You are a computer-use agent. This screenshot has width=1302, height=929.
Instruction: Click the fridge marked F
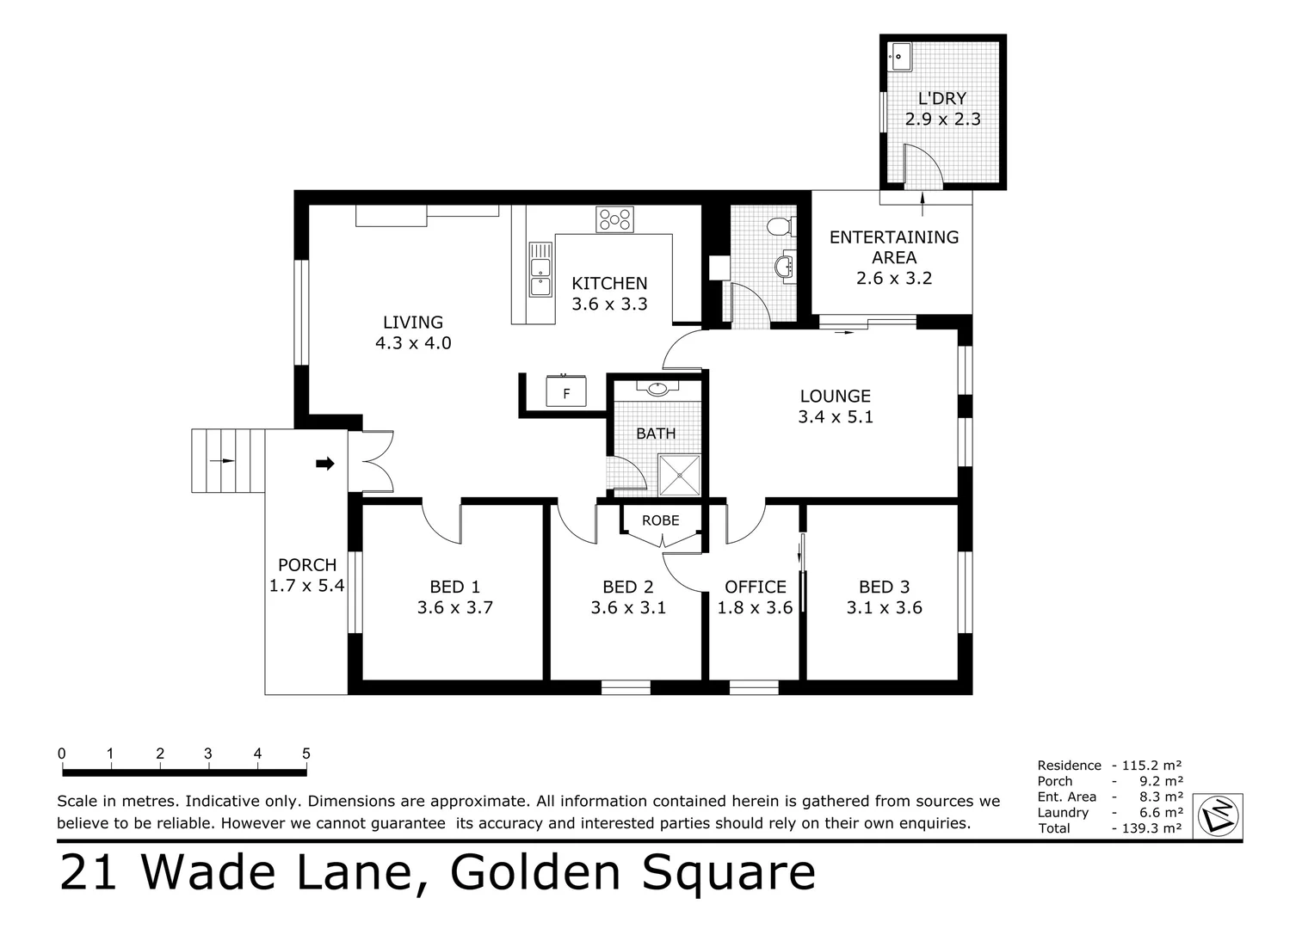point(566,392)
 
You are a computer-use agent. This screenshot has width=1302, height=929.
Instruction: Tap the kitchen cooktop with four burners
point(614,219)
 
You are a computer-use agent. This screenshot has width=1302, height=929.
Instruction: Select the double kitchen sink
point(540,268)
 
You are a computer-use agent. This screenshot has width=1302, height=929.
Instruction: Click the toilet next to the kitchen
point(779,226)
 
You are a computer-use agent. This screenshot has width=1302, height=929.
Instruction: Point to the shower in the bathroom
point(680,475)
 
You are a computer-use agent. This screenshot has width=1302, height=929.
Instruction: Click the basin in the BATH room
point(657,388)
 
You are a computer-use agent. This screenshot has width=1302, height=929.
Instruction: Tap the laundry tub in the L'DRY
point(900,58)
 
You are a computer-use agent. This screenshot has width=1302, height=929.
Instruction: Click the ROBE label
point(660,520)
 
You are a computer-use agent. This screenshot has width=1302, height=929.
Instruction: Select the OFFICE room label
point(755,587)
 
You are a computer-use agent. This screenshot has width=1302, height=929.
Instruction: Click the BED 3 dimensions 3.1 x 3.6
point(884,608)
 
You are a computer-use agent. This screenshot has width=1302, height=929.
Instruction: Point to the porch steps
point(227,461)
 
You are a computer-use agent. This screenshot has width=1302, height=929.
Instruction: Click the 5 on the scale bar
point(306,754)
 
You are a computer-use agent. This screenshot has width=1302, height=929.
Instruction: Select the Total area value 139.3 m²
point(1151,828)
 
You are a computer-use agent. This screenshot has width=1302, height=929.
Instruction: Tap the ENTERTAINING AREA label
point(893,247)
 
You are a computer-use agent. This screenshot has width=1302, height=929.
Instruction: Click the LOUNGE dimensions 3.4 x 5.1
point(835,417)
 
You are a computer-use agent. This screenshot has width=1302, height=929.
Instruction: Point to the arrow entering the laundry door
point(923,201)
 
